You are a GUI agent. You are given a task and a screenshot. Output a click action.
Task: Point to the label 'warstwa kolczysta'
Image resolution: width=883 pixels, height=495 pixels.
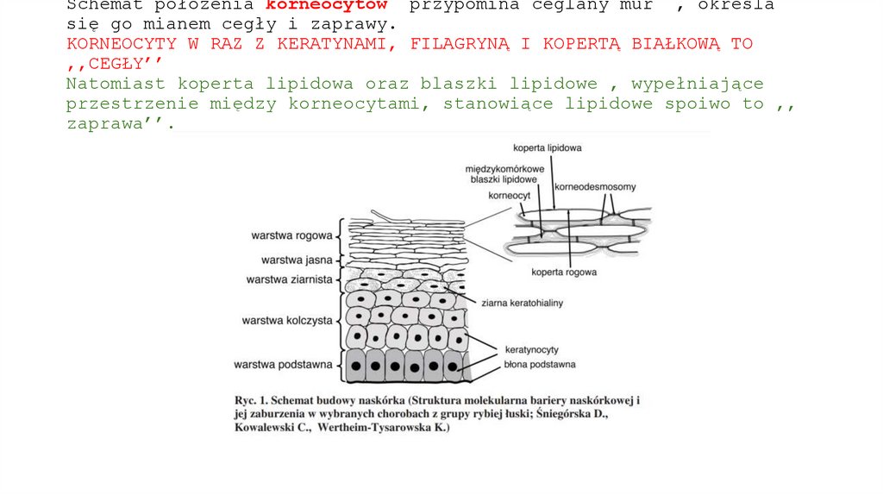287,321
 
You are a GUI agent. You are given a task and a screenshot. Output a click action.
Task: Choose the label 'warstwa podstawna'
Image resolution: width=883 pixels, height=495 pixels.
283,365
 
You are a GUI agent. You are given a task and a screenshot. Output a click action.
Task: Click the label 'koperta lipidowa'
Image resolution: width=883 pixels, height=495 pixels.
548,147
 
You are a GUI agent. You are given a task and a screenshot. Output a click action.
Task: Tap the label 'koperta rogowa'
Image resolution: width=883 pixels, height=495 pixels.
565,273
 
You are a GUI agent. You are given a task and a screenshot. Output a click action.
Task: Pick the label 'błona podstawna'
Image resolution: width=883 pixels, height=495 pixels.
540,364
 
